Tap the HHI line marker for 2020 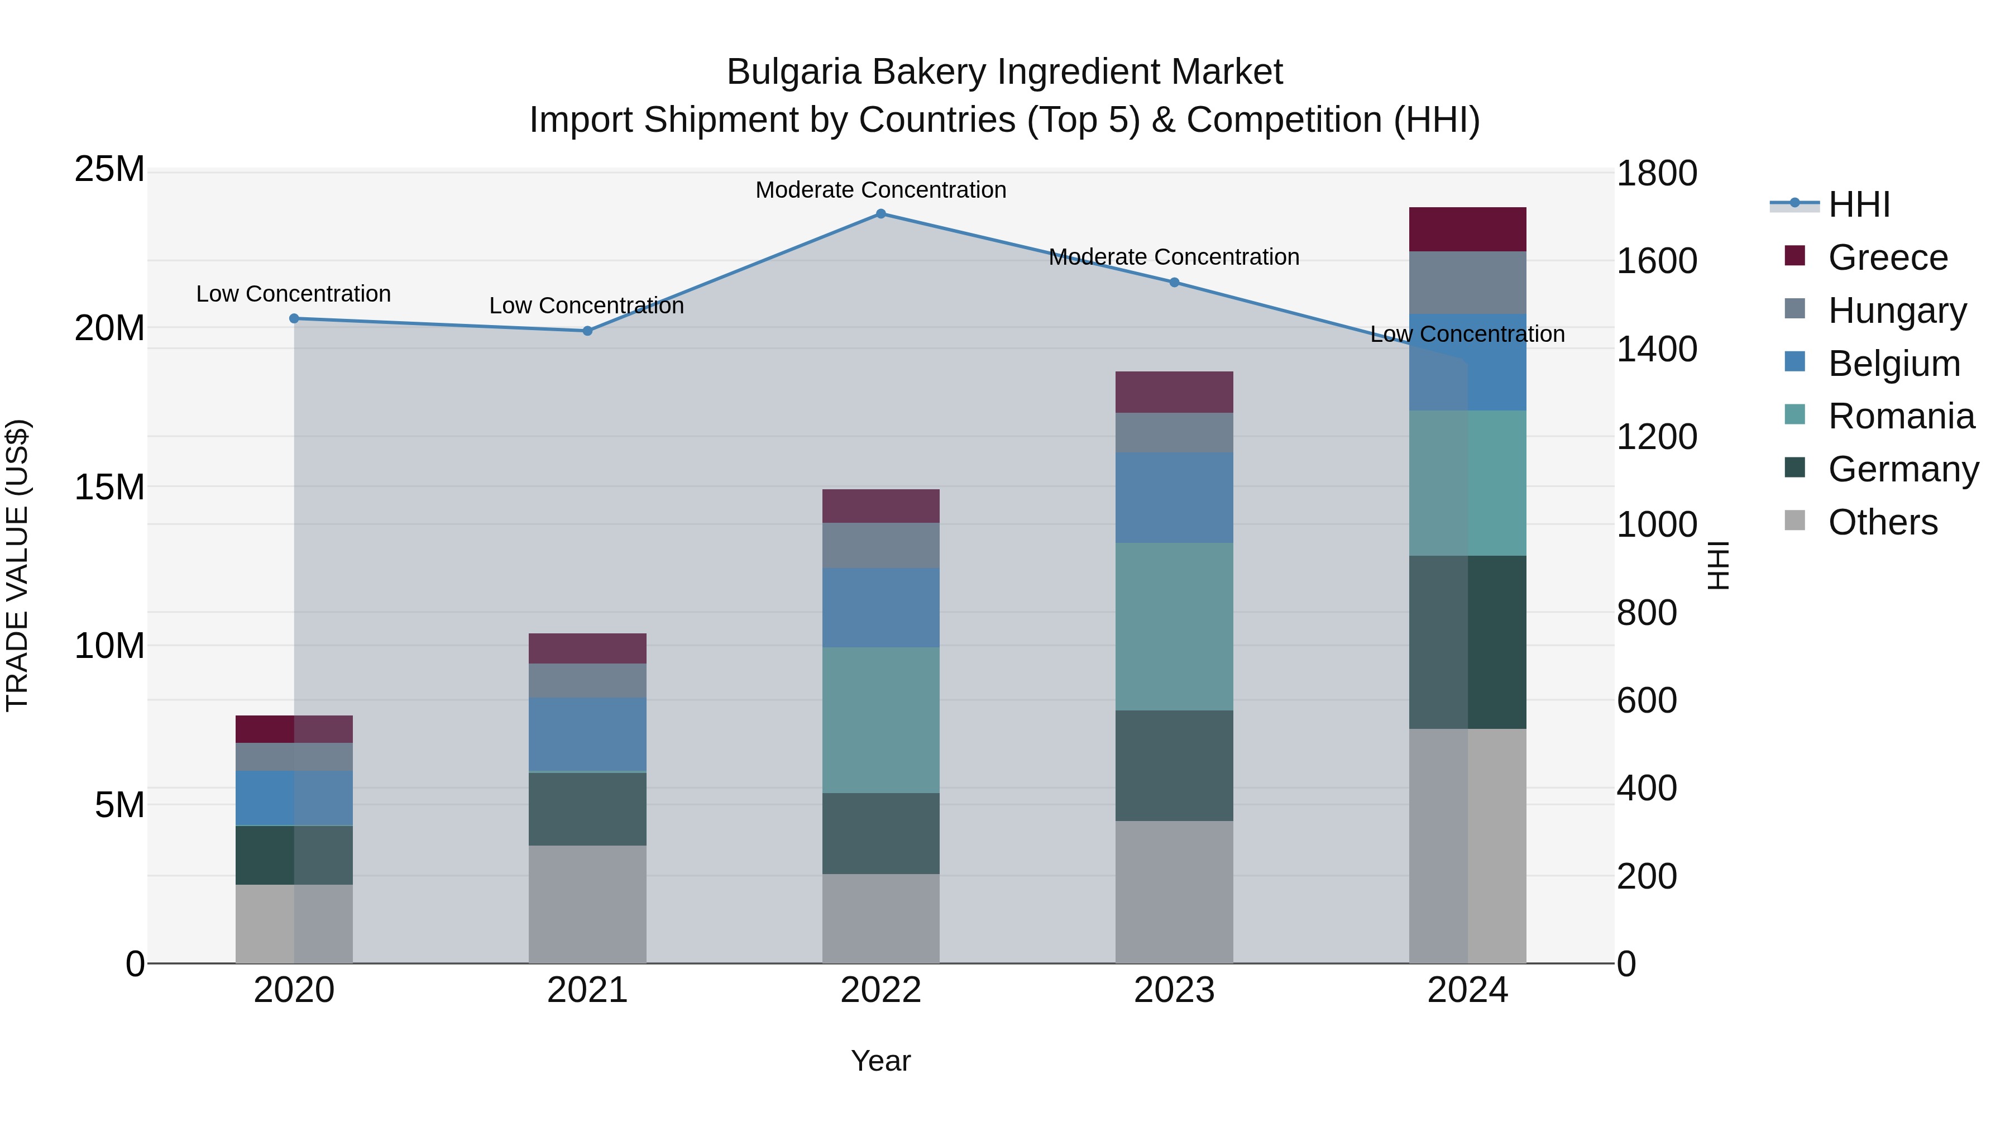(x=294, y=318)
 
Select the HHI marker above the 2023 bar (x=1174, y=283)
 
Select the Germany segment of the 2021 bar (x=587, y=809)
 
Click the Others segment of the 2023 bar (x=1174, y=891)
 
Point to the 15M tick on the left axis (x=109, y=487)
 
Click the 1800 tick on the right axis (x=1656, y=173)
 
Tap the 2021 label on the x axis (x=587, y=990)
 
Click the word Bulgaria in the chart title (x=793, y=72)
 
